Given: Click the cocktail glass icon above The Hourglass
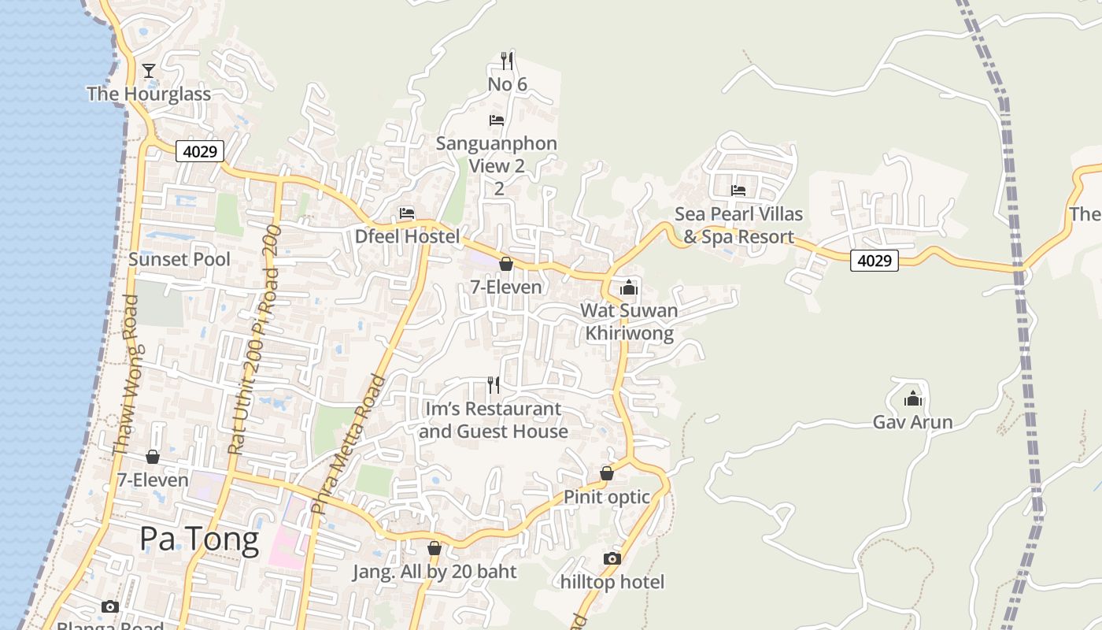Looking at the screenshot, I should tap(149, 71).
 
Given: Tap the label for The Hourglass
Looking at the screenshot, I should tap(149, 94).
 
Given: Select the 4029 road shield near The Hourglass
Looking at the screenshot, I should tap(200, 150).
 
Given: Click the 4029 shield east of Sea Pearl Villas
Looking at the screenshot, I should tap(875, 260).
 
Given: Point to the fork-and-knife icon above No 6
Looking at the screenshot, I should tap(508, 60).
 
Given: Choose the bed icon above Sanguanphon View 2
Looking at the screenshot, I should tap(497, 120).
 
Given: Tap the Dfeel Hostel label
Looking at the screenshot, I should tap(407, 236).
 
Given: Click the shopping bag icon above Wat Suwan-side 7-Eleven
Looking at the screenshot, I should tap(506, 264).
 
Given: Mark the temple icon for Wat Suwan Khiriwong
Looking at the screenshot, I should tap(629, 287).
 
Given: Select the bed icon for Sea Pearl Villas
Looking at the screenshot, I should tap(738, 191).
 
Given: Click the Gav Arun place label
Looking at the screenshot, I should tap(912, 422).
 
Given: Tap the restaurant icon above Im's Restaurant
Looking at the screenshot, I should tap(494, 384).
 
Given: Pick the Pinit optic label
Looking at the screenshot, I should tap(607, 497).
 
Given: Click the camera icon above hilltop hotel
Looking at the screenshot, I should tap(612, 558).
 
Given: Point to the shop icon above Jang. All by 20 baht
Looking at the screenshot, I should tap(434, 548).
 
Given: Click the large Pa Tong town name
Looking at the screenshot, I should tap(199, 539).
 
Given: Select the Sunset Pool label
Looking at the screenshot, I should tap(179, 259).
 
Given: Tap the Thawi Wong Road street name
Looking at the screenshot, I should tap(125, 374).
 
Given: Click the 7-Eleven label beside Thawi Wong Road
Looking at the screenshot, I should tap(153, 480).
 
